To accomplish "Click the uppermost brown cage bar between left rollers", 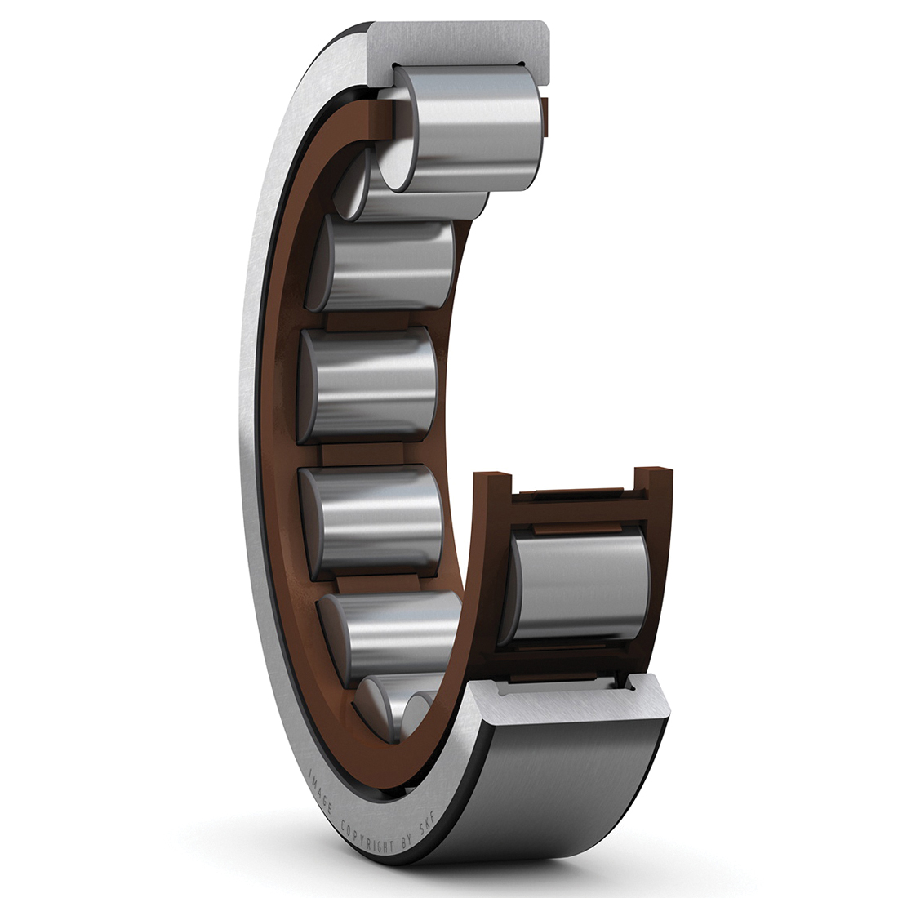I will [x=359, y=321].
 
